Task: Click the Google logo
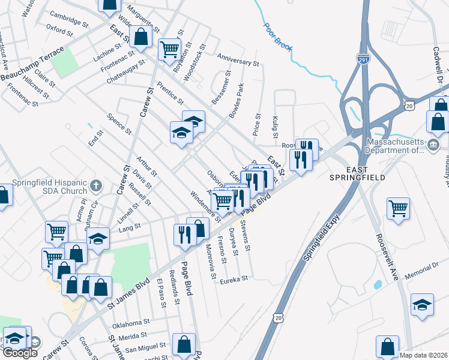tap(20, 353)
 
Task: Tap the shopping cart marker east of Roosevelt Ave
tap(398, 208)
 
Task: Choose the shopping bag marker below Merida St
tap(184, 344)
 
